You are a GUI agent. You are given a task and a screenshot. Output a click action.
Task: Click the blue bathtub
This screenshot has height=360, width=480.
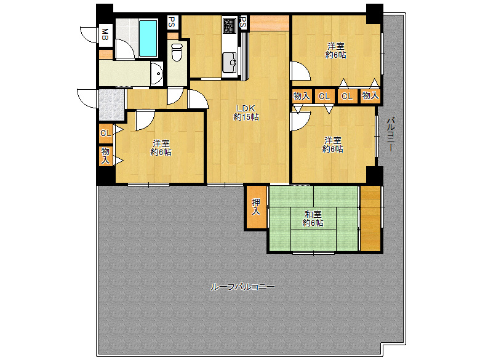point(148,38)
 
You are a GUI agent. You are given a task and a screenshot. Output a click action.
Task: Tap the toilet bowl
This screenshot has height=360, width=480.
point(177,52)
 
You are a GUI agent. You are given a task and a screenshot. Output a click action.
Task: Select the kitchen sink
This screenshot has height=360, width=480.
point(230,62)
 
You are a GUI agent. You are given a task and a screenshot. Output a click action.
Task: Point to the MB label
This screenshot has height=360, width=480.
point(105,34)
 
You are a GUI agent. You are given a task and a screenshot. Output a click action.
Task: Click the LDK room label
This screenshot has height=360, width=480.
point(246,108)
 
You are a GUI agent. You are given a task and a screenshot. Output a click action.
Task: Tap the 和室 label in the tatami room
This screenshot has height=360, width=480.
point(313,214)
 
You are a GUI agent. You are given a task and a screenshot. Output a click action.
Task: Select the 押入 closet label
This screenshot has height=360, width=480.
point(255,207)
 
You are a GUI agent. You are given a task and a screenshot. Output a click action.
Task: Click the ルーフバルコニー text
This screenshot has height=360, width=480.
point(242,287)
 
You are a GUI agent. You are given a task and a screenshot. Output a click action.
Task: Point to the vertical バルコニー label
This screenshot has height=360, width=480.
point(390,135)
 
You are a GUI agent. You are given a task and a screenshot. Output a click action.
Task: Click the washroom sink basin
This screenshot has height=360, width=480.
point(157,73)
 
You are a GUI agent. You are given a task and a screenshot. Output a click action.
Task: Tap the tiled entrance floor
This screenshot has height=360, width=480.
point(112,105)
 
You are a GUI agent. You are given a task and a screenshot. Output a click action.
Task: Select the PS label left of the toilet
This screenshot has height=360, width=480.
point(172,22)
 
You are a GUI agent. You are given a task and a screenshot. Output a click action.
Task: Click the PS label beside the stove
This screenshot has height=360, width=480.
point(242,22)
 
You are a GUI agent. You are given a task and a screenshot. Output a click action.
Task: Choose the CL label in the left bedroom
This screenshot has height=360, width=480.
point(106,133)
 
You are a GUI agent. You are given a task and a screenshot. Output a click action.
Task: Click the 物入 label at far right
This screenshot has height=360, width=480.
point(370,96)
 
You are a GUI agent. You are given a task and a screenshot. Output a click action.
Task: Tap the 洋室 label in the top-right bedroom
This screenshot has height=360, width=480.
point(336,46)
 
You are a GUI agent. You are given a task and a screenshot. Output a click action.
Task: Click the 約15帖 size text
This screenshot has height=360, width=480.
point(246,117)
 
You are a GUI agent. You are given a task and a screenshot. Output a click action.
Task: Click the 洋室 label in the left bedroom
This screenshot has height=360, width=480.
point(161,143)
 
